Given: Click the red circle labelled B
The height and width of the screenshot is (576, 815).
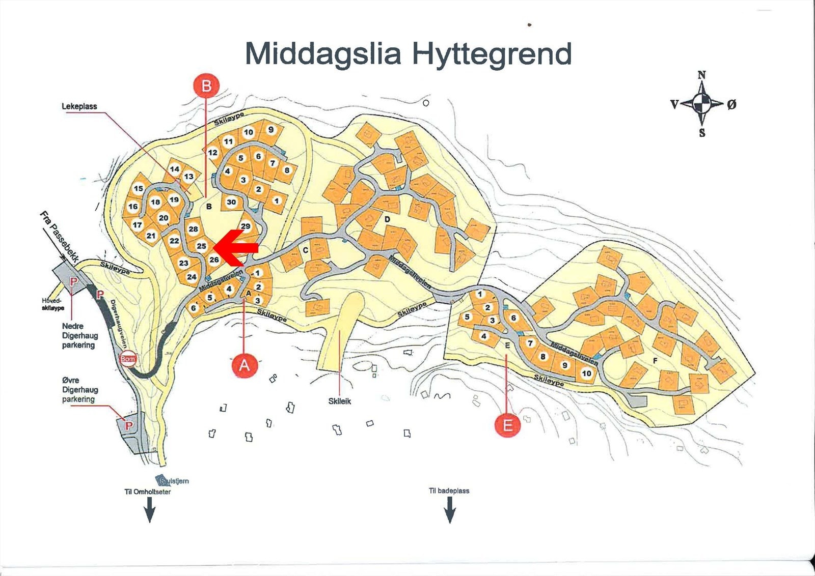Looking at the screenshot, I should pyautogui.click(x=206, y=85).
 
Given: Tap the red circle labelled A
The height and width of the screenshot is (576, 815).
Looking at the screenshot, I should pyautogui.click(x=244, y=365).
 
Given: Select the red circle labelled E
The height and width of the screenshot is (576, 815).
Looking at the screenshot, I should pyautogui.click(x=507, y=424).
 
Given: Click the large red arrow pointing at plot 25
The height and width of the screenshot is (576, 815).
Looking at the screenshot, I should pyautogui.click(x=236, y=248).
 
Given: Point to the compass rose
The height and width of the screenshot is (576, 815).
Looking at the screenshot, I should pyautogui.click(x=702, y=104).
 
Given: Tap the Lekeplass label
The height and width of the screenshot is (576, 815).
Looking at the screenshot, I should pyautogui.click(x=79, y=106).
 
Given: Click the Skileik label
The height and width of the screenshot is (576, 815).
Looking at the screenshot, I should pyautogui.click(x=340, y=401).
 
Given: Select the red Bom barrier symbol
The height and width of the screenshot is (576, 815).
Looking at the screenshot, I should pyautogui.click(x=127, y=359).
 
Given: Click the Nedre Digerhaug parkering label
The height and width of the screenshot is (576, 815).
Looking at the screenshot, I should pyautogui.click(x=79, y=335).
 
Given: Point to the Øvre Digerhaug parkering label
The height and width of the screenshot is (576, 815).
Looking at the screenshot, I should pyautogui.click(x=80, y=389).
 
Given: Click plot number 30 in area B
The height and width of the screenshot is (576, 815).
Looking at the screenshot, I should pyautogui.click(x=231, y=202).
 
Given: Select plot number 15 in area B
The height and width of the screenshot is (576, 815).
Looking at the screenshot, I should pyautogui.click(x=139, y=188).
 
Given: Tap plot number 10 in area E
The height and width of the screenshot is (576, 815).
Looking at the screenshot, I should pyautogui.click(x=586, y=373).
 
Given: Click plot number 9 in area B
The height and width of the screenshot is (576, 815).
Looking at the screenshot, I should pyautogui.click(x=271, y=129).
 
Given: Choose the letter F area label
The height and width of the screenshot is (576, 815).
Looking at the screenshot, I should pyautogui.click(x=655, y=361).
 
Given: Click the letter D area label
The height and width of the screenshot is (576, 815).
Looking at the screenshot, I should pyautogui.click(x=387, y=219).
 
